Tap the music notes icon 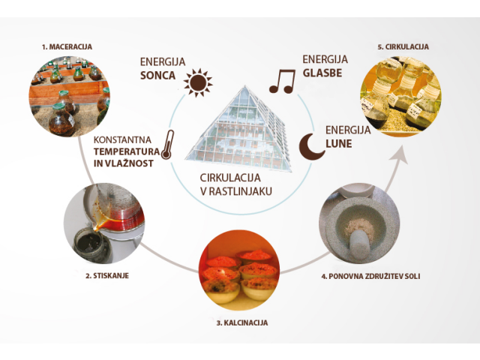pos(282,80)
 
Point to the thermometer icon pos(169,142)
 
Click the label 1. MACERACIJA pos(67,46)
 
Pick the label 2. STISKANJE pos(109,276)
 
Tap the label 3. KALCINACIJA pos(241,322)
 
